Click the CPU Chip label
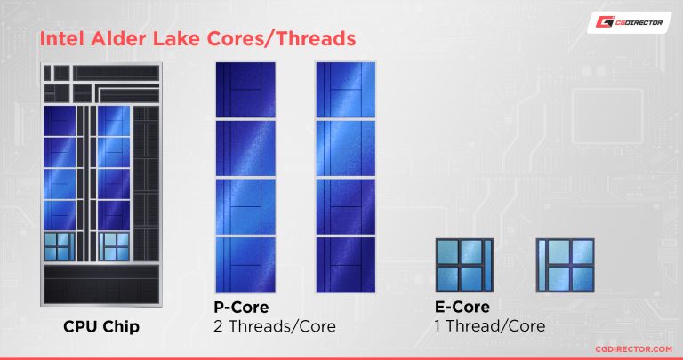point(100,326)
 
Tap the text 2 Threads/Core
point(275,326)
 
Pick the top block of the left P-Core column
point(245,90)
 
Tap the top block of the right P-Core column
point(345,90)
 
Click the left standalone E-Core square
point(462,264)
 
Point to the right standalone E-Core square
point(564,264)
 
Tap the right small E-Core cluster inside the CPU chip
point(115,245)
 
